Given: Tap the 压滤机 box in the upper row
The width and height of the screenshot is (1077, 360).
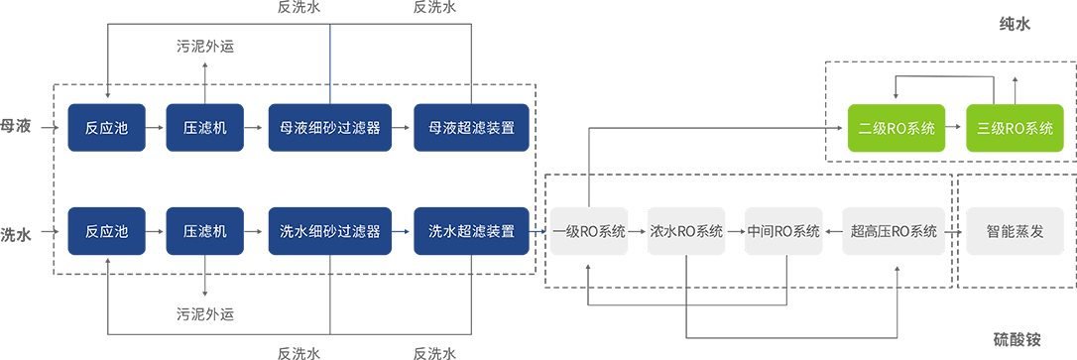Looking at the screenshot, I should point(205,128).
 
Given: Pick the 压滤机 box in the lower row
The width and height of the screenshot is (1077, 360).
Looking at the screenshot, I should point(205,232).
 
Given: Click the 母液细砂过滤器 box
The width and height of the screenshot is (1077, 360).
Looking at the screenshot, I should point(329,128).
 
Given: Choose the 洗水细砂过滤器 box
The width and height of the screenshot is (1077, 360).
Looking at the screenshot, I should point(329,232).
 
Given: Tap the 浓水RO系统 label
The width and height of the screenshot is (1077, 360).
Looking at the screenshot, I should point(686,232).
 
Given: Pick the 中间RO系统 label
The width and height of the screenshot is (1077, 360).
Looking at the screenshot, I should point(783,232).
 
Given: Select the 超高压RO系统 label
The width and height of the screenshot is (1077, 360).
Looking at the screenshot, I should point(894,232).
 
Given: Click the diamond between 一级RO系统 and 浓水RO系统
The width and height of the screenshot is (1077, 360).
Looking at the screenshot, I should point(638,232).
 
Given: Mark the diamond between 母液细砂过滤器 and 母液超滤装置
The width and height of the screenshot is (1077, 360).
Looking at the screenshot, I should point(401,128).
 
